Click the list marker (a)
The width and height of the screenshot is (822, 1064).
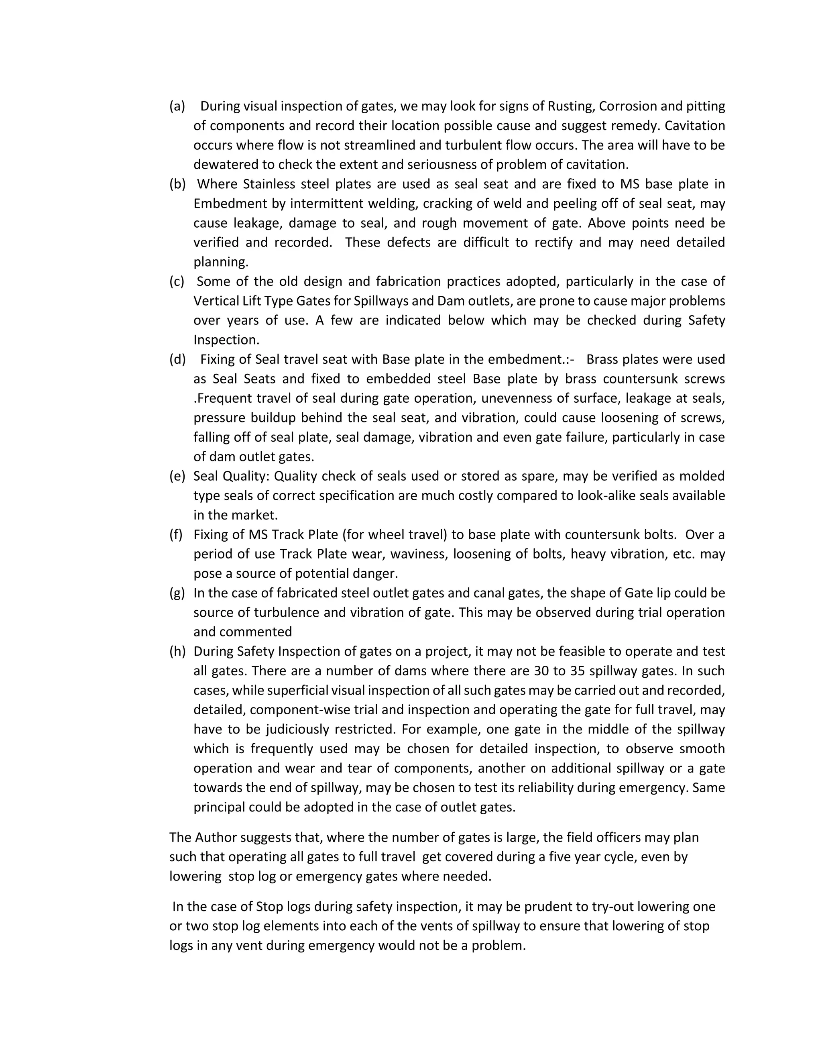pyautogui.click(x=177, y=106)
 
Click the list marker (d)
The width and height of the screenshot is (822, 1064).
pyautogui.click(x=177, y=359)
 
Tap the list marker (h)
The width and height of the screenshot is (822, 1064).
pyautogui.click(x=177, y=651)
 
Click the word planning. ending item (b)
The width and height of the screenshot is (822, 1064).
pyautogui.click(x=221, y=262)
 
